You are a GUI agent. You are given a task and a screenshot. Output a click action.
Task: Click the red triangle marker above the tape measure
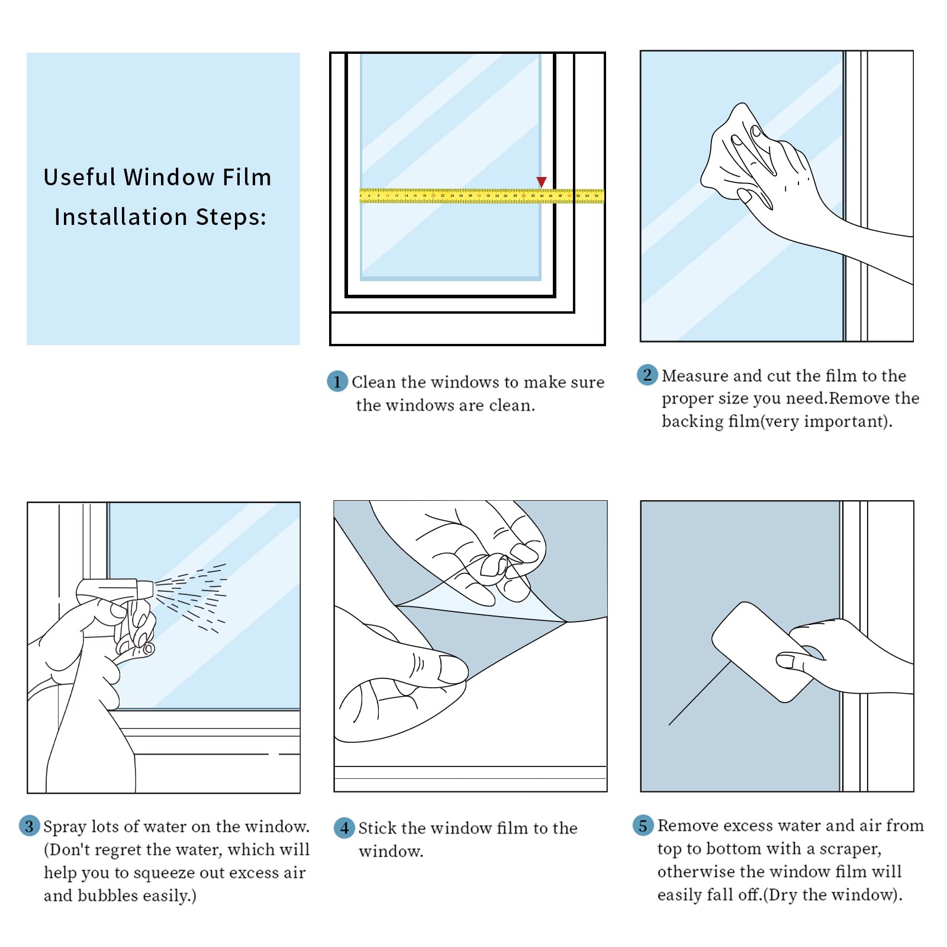coord(541,182)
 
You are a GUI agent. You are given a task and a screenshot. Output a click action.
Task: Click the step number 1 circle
coord(337,381)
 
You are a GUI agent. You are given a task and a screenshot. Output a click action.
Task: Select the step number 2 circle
coord(647,375)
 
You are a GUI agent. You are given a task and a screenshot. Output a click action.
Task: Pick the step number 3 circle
coord(29,826)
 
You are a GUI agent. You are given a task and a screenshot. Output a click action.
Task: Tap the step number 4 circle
coord(344,827)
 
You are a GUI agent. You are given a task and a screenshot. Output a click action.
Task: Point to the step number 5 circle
coord(643,825)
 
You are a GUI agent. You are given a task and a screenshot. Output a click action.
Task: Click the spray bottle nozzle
coord(145,588)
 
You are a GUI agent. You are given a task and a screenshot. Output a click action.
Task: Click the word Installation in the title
coord(121,217)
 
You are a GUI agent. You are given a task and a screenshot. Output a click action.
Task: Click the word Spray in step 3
coord(65,827)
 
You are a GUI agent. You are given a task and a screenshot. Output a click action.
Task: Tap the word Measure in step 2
coord(695,376)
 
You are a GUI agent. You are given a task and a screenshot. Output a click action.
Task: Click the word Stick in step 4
coord(376,828)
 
